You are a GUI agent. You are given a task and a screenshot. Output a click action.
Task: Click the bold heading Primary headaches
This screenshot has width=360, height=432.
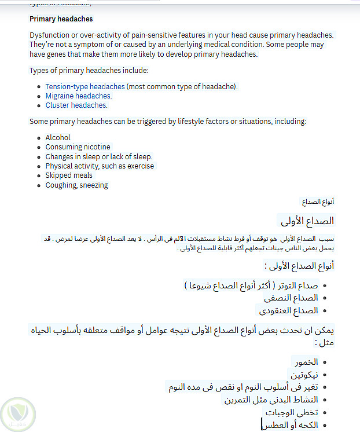tap(61, 19)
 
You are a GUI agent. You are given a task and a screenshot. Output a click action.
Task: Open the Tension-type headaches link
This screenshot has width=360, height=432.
tap(85, 87)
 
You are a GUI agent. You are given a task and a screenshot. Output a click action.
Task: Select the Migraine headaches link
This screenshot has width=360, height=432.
tap(78, 96)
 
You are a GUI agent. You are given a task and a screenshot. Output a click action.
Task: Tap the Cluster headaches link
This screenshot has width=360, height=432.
tap(76, 105)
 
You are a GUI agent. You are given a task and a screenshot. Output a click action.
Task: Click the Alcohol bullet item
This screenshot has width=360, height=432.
tap(58, 138)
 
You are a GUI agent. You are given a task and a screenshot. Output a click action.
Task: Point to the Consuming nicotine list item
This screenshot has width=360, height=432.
tap(78, 147)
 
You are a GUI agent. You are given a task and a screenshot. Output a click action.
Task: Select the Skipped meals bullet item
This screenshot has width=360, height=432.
tap(69, 175)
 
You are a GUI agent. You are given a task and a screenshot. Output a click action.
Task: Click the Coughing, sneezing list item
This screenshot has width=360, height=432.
tap(76, 185)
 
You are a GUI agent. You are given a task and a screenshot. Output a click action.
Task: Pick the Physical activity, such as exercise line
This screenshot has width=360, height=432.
tap(100, 166)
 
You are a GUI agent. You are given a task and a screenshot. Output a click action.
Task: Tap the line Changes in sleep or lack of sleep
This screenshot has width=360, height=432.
tap(98, 157)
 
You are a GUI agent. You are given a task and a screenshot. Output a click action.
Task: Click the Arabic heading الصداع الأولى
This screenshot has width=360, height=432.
tap(307, 221)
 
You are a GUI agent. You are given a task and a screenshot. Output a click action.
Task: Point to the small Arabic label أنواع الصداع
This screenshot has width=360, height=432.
tap(318, 202)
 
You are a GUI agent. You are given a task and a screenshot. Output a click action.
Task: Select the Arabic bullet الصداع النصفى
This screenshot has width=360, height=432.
tap(291, 298)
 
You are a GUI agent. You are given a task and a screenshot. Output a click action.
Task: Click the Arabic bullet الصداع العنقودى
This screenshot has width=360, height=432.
tap(288, 311)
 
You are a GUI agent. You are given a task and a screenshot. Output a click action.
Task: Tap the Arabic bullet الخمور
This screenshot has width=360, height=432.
tap(306, 362)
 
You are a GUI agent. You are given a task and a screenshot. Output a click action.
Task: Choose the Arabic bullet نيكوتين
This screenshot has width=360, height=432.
tap(304, 375)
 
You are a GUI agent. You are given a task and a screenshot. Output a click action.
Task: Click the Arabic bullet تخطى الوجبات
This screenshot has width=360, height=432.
tap(292, 412)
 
